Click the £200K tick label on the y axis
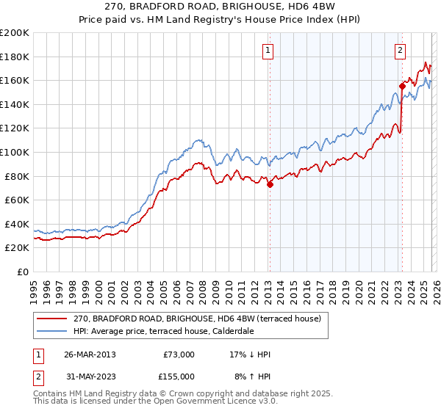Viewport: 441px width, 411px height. click(x=15, y=32)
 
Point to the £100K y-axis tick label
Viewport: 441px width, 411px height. click(x=15, y=152)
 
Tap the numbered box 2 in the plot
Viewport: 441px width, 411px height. click(x=400, y=51)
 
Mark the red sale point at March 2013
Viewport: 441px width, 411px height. click(x=270, y=184)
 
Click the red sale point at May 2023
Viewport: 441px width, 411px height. click(x=402, y=86)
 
